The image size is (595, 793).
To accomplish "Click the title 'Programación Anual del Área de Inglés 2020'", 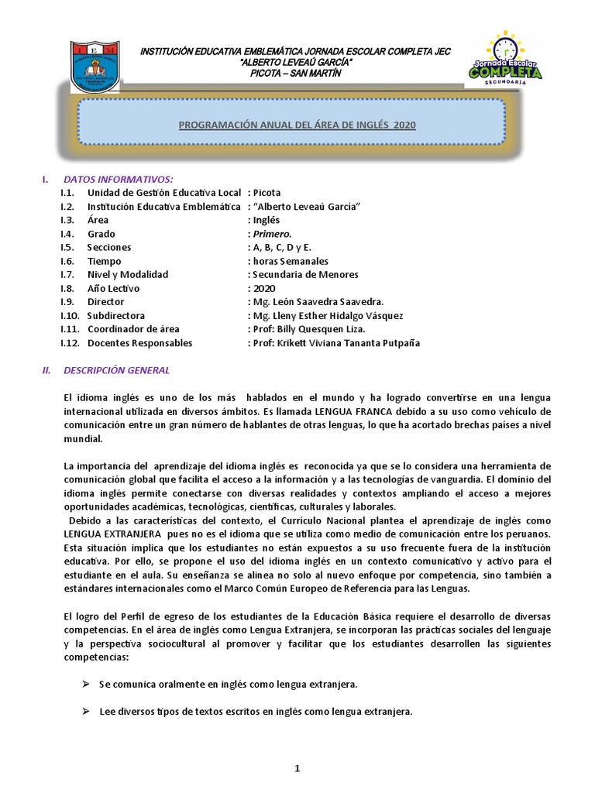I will (297, 125).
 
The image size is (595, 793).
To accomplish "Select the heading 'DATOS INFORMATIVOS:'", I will (118, 179).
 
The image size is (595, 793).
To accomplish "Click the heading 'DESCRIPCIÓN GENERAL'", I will (116, 370).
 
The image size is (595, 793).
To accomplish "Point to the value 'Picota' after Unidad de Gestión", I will (267, 193).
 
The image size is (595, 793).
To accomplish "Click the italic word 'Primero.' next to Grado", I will (272, 234).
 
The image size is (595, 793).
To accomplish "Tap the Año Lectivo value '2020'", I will (264, 288).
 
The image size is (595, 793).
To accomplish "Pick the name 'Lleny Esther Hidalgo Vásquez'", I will (337, 316).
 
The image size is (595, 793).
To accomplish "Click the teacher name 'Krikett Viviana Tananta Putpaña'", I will (349, 343).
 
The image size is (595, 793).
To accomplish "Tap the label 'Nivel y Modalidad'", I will (128, 274).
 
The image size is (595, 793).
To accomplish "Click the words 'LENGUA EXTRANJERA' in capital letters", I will (112, 535).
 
